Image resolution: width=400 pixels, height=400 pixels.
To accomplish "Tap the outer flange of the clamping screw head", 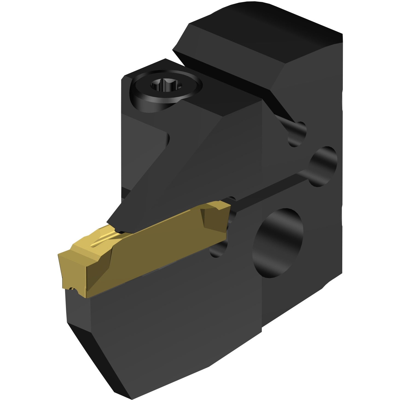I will point(145,96).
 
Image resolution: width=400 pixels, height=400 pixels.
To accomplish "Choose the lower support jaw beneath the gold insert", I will point(164,315).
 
